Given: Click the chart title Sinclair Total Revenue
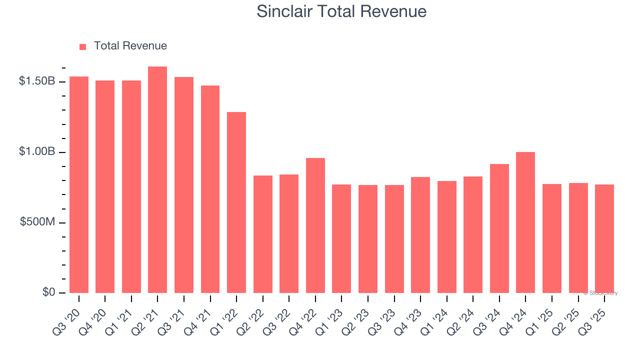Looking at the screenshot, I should [341, 11].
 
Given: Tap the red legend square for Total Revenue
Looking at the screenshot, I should [82, 46].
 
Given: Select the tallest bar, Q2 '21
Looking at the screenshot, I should [157, 180].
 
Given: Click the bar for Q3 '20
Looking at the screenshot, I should [79, 185].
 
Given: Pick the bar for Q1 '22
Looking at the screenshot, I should [236, 202].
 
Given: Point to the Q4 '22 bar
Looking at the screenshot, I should [315, 225].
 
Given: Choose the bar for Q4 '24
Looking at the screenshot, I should [525, 222].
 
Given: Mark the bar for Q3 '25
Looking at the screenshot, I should [604, 239].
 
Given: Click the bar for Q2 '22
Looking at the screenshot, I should [263, 234].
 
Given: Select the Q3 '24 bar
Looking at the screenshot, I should [499, 228].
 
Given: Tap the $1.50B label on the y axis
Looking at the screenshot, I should [36, 81].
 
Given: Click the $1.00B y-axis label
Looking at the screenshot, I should [36, 151].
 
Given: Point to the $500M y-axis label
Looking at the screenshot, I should [37, 222].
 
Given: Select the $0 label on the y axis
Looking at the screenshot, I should [48, 292].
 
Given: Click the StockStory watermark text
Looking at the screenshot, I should [600, 293].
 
